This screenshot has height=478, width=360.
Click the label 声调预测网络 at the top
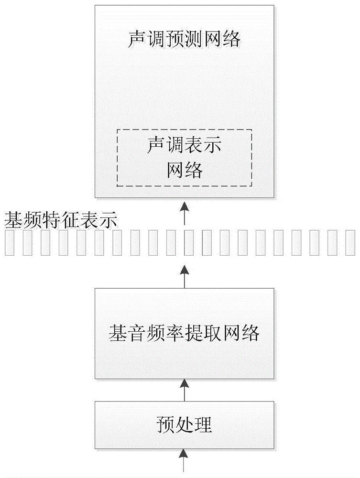point(184,40)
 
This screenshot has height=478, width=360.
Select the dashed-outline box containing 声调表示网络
point(184,157)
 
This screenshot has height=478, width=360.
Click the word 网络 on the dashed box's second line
point(184,170)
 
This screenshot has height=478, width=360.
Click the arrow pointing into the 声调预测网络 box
point(184,212)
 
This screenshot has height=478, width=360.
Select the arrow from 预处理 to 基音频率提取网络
point(184,390)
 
